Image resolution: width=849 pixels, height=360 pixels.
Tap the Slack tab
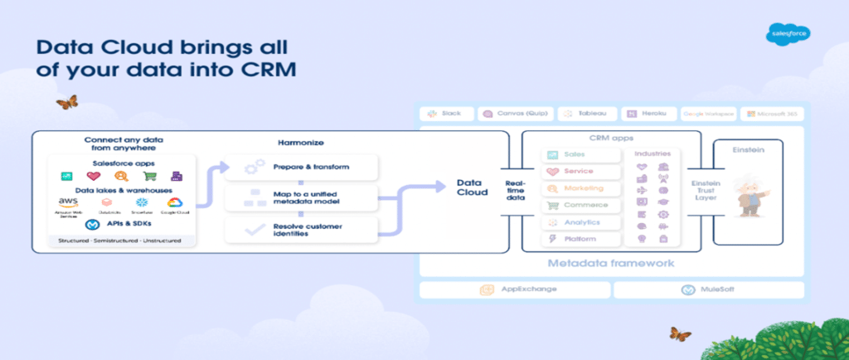447,114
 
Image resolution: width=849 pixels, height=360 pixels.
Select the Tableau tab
587,114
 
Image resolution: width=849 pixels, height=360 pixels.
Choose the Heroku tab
648,114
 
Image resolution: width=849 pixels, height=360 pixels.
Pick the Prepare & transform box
302,167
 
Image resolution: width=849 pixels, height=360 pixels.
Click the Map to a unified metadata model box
302,197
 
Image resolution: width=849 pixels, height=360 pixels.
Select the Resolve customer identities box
302,229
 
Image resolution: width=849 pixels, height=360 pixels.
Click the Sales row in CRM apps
583,154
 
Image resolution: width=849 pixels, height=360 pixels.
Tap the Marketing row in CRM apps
583,188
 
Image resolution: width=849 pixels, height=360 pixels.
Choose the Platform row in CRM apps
583,238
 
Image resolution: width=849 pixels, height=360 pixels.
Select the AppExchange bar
514,289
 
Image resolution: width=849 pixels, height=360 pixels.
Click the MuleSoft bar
708,289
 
